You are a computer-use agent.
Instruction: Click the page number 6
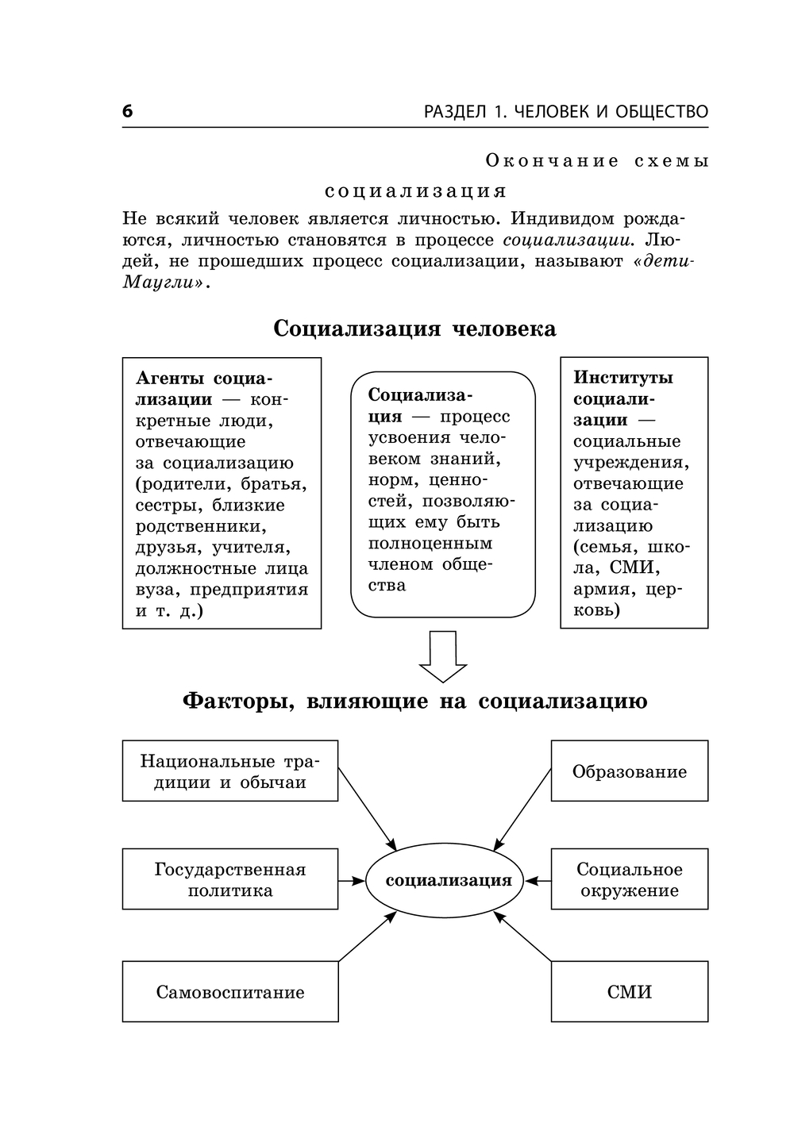[x=128, y=112]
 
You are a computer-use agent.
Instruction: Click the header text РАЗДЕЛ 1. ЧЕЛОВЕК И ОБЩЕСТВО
[x=565, y=112]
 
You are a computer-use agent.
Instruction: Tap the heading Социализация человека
[x=414, y=329]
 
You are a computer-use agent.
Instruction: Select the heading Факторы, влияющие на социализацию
[x=414, y=702]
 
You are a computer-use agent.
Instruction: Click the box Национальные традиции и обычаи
[x=229, y=771]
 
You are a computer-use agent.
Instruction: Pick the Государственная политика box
[x=229, y=879]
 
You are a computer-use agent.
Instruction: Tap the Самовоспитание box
[x=229, y=992]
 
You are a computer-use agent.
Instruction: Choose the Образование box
[x=629, y=771]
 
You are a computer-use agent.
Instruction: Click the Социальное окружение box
[x=629, y=879]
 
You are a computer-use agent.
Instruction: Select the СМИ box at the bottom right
[x=629, y=992]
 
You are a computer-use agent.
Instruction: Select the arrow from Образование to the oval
[x=522, y=809]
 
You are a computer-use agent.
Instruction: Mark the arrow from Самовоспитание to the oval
[x=367, y=936]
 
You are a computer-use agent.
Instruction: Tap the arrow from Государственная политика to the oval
[x=352, y=880]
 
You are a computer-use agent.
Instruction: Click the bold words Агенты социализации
[x=203, y=389]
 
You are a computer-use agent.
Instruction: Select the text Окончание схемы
[x=596, y=161]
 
